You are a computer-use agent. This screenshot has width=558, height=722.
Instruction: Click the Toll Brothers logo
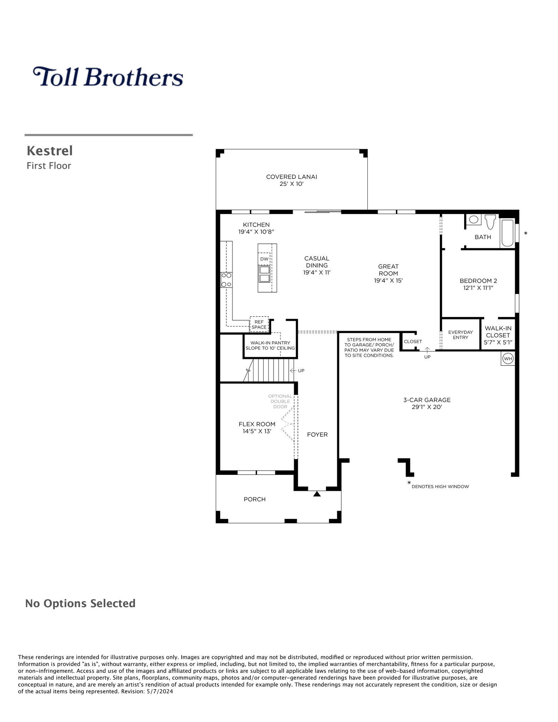click(x=108, y=77)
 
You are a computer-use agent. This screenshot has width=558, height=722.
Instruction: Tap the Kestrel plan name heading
click(x=50, y=151)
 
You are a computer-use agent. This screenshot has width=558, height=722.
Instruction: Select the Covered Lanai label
click(x=292, y=180)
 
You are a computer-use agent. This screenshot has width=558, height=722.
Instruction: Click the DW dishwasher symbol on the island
click(x=264, y=259)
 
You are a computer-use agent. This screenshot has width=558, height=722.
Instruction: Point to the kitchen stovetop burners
click(x=226, y=280)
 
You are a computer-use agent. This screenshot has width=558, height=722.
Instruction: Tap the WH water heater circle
click(x=508, y=359)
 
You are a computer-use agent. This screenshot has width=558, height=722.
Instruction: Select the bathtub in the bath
click(x=508, y=233)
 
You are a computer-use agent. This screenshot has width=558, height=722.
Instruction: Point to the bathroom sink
click(x=474, y=220)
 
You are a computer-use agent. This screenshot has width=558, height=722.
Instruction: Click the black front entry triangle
click(x=317, y=494)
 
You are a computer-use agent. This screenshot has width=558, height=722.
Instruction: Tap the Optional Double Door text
click(x=280, y=401)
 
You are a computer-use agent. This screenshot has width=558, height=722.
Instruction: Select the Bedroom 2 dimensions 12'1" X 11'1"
click(x=478, y=288)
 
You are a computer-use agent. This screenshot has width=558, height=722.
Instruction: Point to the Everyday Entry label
click(x=460, y=335)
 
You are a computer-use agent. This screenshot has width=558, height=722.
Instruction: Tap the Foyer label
click(x=317, y=435)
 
